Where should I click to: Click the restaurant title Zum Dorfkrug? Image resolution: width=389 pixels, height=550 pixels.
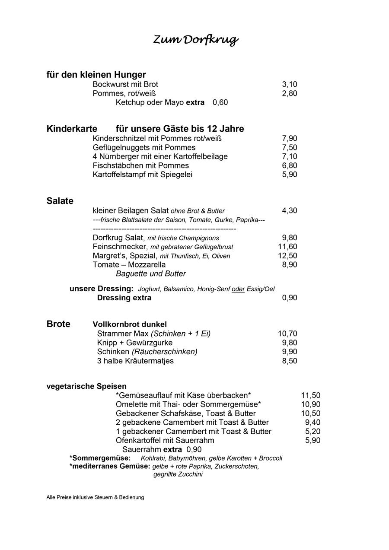[196, 40]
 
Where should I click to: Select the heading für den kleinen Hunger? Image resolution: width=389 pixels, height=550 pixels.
[96, 75]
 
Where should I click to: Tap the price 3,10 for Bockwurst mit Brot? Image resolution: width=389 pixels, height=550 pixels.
[289, 85]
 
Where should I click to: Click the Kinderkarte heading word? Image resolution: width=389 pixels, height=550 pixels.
[72, 129]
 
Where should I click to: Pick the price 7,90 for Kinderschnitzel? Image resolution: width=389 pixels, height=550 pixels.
[289, 139]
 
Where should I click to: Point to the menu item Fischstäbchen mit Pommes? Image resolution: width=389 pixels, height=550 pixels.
[140, 165]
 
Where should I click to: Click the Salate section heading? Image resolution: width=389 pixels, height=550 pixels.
[60, 201]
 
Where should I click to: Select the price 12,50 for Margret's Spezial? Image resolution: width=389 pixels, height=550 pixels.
[287, 256]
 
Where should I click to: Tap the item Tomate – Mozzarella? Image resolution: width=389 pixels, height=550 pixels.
[129, 265]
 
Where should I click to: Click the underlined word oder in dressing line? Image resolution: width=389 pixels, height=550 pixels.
[238, 289]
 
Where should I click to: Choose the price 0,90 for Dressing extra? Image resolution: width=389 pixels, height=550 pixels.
[289, 298]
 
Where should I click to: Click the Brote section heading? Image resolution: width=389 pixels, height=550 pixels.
[58, 324]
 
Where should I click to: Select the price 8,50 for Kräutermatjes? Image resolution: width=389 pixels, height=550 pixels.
[289, 361]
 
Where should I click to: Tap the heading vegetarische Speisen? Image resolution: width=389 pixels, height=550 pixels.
[86, 386]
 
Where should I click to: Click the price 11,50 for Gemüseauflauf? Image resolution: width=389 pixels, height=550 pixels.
[310, 395]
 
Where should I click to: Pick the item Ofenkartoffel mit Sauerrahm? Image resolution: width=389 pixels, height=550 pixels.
[165, 441]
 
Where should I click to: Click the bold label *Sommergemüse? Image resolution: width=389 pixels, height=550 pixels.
[100, 458]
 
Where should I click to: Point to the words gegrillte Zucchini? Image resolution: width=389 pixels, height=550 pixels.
[178, 474]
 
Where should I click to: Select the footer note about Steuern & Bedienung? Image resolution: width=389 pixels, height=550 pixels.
[95, 497]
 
